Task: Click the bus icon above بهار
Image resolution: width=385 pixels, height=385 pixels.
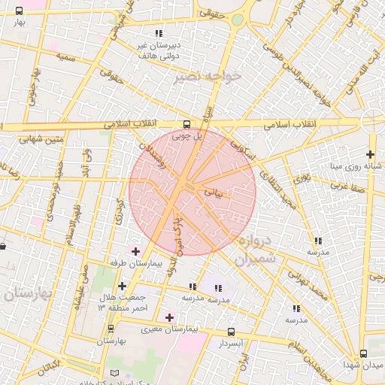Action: tap(19, 11)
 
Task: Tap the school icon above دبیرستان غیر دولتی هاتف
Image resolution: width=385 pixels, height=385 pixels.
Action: tap(158, 32)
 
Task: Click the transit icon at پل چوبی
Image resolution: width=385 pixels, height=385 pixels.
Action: tap(186, 124)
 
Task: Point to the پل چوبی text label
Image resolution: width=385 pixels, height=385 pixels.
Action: tap(187, 137)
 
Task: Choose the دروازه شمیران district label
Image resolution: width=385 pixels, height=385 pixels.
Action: tap(256, 251)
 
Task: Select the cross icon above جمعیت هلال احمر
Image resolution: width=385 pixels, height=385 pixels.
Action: tap(122, 286)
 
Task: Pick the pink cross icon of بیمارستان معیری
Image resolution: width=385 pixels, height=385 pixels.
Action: tap(169, 317)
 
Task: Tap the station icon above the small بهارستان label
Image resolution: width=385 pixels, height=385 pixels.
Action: tap(111, 329)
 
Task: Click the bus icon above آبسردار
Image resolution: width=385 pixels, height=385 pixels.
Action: tap(231, 331)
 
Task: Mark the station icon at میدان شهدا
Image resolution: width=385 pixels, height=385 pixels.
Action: tap(364, 353)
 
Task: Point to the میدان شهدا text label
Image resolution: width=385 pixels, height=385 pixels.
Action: tap(364, 365)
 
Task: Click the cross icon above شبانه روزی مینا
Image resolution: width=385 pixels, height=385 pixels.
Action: tap(370, 153)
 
